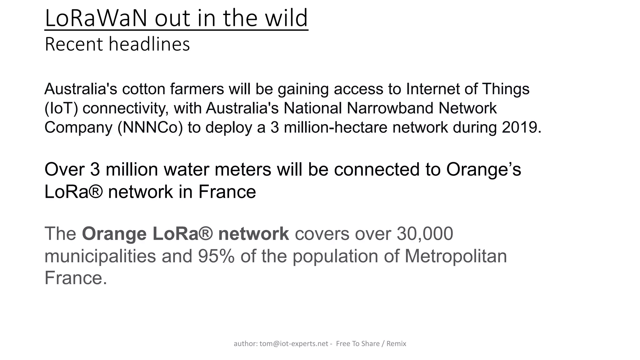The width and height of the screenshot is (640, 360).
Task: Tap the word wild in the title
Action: click(x=286, y=18)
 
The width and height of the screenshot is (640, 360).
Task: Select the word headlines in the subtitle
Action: click(x=149, y=44)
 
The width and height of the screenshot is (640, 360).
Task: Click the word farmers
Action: click(x=197, y=89)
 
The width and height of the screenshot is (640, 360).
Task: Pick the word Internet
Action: click(x=432, y=89)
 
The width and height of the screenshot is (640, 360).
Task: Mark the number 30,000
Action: click(x=425, y=234)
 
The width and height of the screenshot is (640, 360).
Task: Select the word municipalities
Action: click(x=100, y=256)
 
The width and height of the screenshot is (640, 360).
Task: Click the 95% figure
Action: click(x=216, y=256)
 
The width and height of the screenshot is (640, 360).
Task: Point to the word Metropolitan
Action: click(x=456, y=256)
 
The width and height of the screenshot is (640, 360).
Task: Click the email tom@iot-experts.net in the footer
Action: click(x=294, y=344)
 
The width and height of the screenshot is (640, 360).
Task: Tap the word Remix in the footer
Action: click(x=396, y=344)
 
